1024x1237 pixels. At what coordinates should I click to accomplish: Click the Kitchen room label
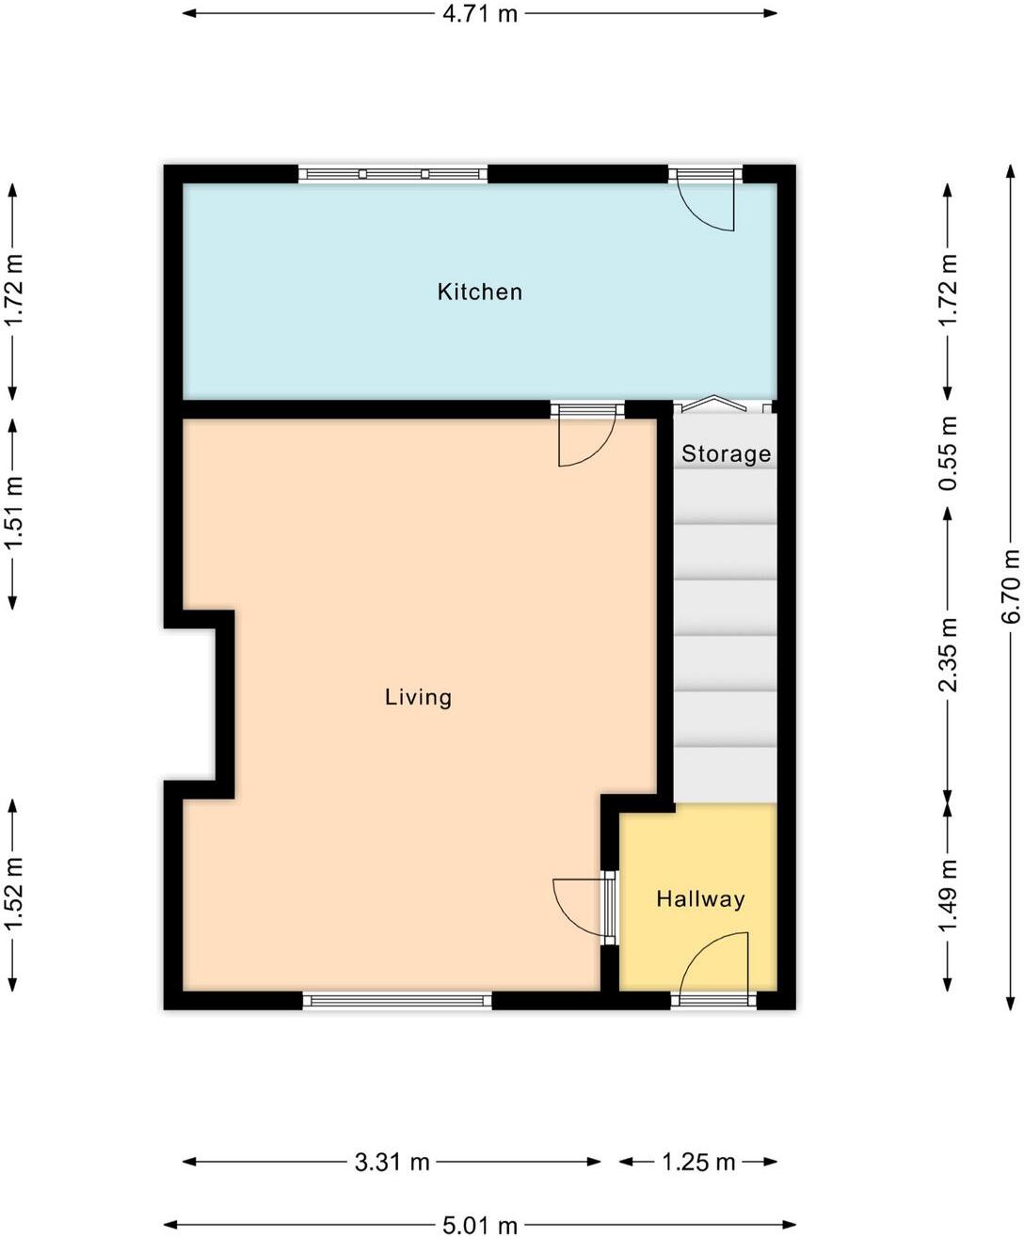click(x=479, y=292)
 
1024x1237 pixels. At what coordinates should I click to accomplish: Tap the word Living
click(x=418, y=697)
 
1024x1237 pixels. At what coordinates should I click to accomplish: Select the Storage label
click(x=726, y=454)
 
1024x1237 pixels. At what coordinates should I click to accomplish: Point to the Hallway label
click(x=700, y=899)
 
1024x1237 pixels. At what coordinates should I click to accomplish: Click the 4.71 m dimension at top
click(x=481, y=14)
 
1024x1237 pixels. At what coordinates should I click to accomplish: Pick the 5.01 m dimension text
click(x=480, y=1225)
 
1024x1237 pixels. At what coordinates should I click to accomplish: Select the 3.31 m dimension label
click(x=392, y=1163)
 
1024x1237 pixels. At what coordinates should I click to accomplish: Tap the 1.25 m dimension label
click(x=697, y=1163)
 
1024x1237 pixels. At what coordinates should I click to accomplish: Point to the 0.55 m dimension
click(x=949, y=453)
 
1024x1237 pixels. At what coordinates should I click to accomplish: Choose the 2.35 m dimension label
click(x=949, y=655)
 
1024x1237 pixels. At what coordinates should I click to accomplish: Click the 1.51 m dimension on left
click(x=13, y=515)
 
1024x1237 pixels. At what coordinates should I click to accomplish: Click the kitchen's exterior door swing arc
click(x=706, y=206)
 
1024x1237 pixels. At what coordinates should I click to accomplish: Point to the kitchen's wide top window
click(x=393, y=174)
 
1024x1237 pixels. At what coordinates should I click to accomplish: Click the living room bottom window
click(x=396, y=1001)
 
